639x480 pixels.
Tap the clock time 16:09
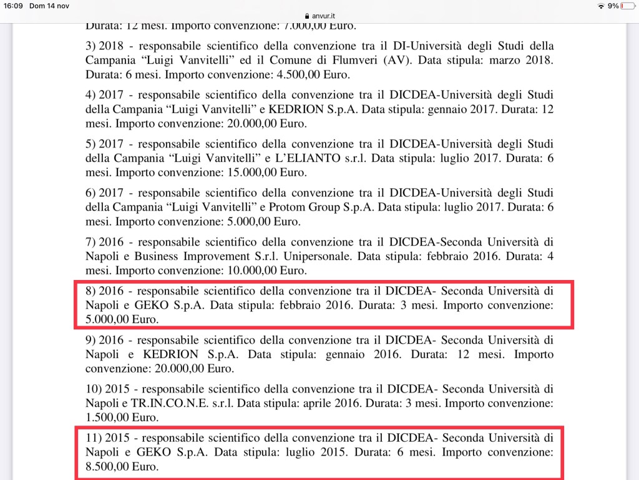click(x=13, y=6)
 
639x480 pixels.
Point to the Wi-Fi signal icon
click(x=600, y=6)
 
